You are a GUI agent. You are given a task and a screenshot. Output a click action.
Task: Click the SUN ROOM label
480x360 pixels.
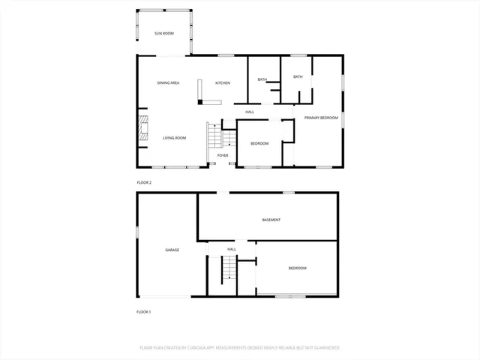point(164,34)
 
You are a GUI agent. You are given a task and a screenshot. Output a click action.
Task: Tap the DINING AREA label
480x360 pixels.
point(168,82)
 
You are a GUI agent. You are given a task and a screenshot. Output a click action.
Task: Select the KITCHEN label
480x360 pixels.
point(223,82)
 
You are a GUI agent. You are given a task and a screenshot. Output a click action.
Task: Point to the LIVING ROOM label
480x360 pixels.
point(175,138)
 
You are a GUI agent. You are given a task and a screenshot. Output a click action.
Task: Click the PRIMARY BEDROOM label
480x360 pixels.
point(321,118)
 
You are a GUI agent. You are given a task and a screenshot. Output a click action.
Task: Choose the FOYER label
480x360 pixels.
point(223,155)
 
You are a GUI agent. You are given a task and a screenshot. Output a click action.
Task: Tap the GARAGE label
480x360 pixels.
point(172,250)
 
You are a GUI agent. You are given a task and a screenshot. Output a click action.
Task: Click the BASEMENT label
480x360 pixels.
point(271,220)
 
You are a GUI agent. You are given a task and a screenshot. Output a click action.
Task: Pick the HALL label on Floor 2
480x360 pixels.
point(250,112)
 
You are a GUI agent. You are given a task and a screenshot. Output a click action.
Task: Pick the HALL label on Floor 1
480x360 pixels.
point(232,249)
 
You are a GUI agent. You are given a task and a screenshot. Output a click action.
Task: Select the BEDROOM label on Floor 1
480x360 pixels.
point(297,268)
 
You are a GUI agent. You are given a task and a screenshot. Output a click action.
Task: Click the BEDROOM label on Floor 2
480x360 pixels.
point(259,142)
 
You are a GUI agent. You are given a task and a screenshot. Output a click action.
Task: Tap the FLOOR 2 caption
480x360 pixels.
point(144,183)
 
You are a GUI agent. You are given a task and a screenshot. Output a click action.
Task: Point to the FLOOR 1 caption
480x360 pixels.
point(144,311)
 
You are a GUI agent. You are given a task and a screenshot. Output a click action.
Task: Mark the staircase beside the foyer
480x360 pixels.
point(214,136)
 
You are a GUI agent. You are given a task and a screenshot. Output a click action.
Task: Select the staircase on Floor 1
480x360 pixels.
point(227,270)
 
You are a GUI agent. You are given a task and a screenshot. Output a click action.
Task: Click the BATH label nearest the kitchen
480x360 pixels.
point(262,79)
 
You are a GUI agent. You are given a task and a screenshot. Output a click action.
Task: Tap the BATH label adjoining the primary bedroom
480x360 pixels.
point(298,76)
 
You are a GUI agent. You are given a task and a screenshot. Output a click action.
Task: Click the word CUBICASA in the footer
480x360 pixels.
point(197,348)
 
